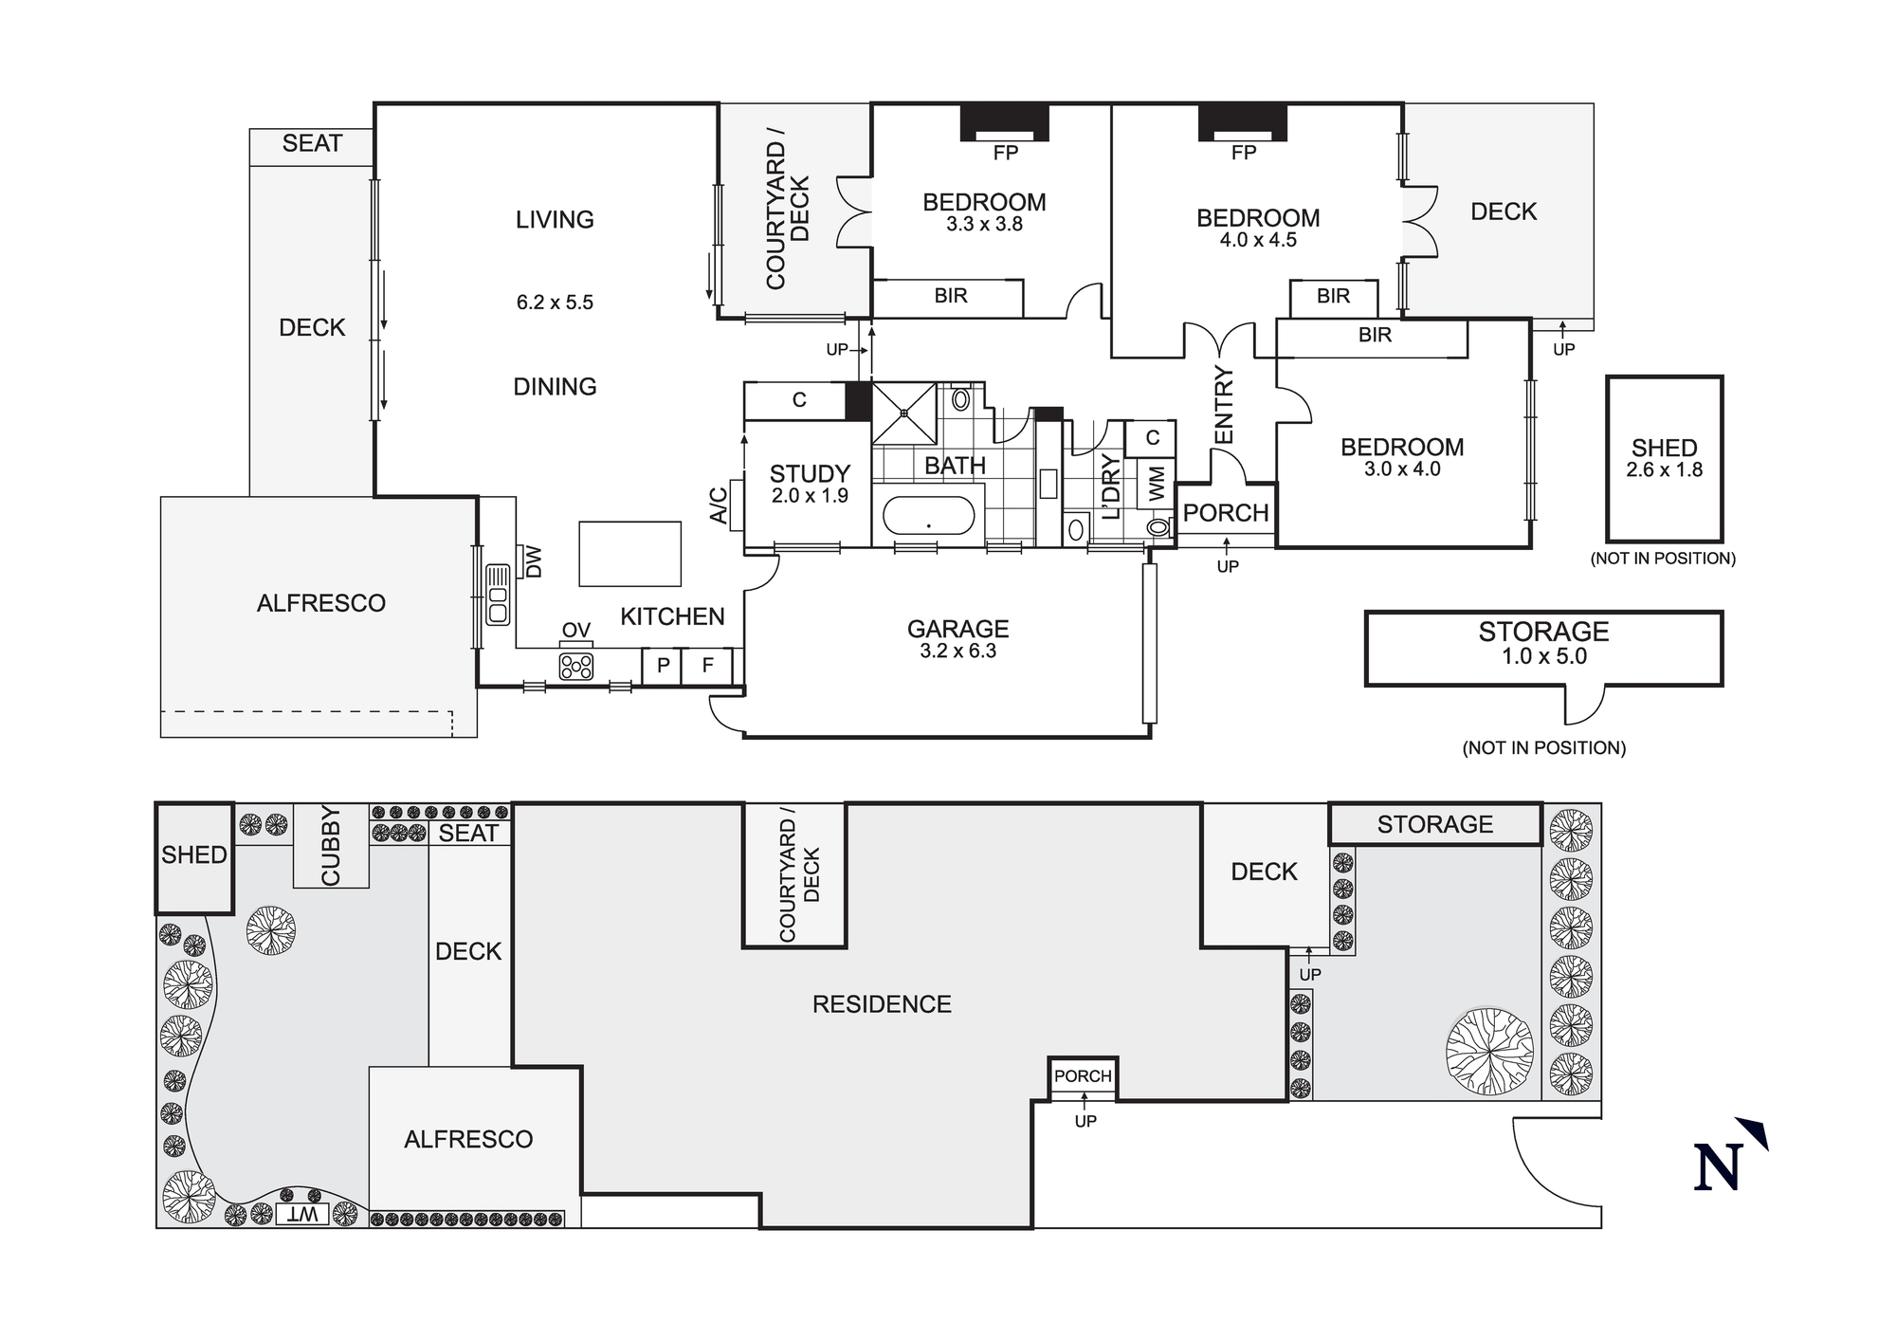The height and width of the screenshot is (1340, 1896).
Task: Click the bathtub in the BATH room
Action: point(928,517)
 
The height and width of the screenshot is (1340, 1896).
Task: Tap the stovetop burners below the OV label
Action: point(575,667)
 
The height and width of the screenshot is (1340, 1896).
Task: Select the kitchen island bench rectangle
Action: point(630,554)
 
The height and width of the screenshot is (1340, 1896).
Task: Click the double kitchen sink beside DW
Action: point(498,595)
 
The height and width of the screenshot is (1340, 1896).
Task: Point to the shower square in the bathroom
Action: point(904,413)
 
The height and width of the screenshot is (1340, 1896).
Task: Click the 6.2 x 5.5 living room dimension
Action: point(555,303)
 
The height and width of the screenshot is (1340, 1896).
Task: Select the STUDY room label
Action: point(810,473)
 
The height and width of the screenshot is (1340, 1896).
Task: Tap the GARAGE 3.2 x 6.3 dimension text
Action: point(957,652)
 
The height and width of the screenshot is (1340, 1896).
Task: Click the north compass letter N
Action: point(1718,1166)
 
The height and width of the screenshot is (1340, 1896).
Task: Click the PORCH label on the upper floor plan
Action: point(1226,513)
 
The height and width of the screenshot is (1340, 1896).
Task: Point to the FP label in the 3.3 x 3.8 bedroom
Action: point(1005,153)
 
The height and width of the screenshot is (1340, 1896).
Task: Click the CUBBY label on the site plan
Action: point(331,846)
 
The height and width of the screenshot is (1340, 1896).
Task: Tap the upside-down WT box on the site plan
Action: point(303,1215)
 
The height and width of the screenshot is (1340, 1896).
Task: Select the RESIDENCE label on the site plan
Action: point(882,1004)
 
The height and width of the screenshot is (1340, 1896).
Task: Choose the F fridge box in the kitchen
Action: point(707,666)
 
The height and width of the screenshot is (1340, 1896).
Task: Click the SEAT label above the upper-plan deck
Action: point(312,144)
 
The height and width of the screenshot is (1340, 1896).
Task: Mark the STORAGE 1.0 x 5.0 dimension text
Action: point(1543,656)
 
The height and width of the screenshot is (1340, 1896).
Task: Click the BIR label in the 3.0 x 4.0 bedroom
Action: point(1375,335)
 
